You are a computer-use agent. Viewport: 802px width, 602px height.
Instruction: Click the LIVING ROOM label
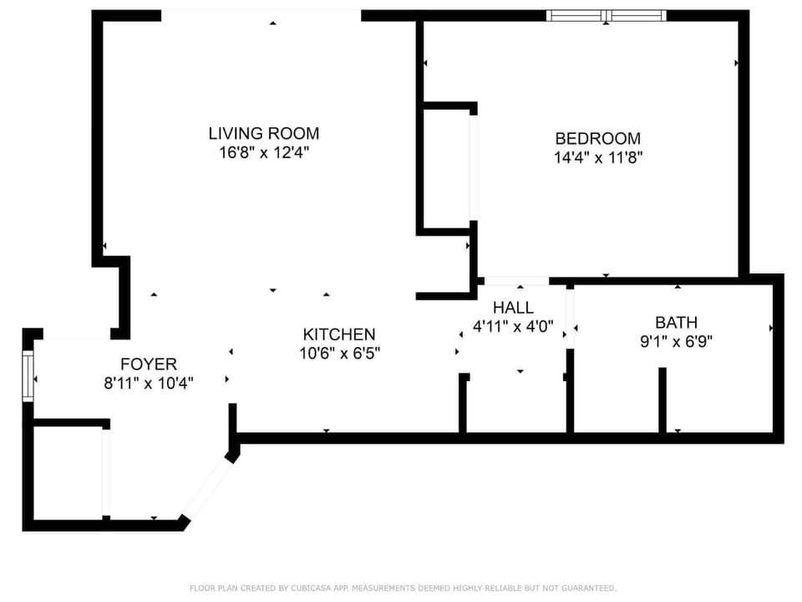click(x=263, y=133)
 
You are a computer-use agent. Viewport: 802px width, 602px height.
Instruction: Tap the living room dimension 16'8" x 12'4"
click(x=263, y=153)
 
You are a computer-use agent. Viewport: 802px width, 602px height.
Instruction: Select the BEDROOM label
click(x=597, y=138)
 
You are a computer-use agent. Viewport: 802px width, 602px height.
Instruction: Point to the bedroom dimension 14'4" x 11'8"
click(x=597, y=157)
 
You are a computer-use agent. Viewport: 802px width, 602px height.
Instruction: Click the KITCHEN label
click(x=338, y=334)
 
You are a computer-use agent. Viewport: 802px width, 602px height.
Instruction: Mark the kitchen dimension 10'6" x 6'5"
click(x=341, y=353)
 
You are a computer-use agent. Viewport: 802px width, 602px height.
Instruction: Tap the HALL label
click(x=513, y=308)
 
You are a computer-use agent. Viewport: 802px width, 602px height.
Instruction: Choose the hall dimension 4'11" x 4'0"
click(x=513, y=327)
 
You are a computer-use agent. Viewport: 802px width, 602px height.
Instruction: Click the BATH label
click(x=676, y=322)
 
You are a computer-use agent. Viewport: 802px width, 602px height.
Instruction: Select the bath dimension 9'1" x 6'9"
click(x=676, y=341)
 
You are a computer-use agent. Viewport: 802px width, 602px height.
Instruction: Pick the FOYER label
click(x=149, y=364)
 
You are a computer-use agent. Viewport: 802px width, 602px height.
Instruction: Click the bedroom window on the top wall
click(x=606, y=15)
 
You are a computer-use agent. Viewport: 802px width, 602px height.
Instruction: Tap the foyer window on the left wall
click(x=28, y=377)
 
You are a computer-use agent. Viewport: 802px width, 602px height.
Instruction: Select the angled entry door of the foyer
click(x=206, y=488)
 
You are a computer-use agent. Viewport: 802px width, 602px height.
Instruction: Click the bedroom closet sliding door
click(x=473, y=167)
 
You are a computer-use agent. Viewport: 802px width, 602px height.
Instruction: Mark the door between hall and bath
click(x=570, y=319)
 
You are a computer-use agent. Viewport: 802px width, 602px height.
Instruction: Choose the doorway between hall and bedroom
click(x=515, y=280)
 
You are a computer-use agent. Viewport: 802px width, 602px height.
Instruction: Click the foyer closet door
click(x=105, y=472)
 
